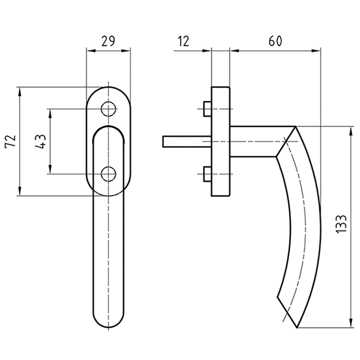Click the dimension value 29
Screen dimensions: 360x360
pos(107,41)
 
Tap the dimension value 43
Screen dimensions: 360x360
pos(40,142)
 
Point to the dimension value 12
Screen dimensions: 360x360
pos(183,41)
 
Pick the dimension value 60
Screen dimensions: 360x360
pos(275,41)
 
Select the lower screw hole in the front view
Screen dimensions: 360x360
pos(108,174)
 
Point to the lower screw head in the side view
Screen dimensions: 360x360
pos(207,174)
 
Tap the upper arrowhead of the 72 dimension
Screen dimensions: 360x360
pos(19,91)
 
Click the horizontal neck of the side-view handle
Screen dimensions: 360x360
pos(256,141)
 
